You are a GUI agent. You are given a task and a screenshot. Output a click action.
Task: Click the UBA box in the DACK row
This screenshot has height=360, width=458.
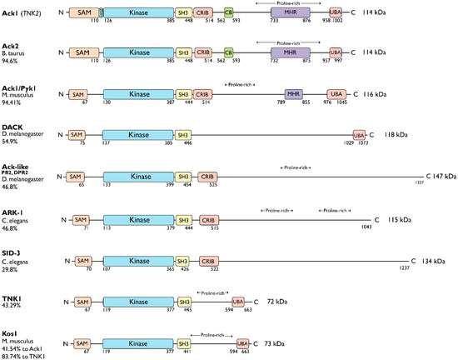pyautogui.click(x=360, y=135)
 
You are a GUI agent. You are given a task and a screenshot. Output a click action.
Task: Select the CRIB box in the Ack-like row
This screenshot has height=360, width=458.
pyautogui.click(x=207, y=177)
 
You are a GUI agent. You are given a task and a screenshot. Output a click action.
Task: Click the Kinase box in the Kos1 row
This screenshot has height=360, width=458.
pyautogui.click(x=139, y=342)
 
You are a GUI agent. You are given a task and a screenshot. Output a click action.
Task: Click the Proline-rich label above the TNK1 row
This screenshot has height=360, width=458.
pyautogui.click(x=213, y=292)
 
